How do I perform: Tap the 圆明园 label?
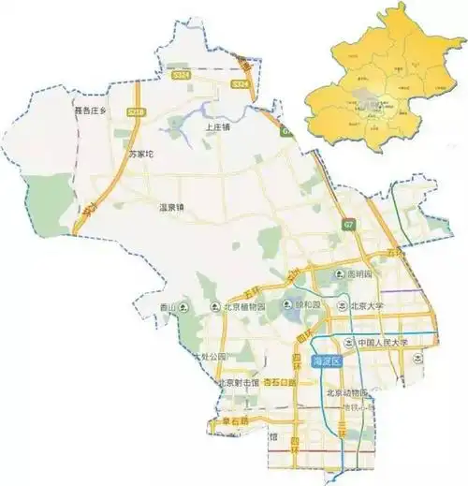359,275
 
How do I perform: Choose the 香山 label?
168,306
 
